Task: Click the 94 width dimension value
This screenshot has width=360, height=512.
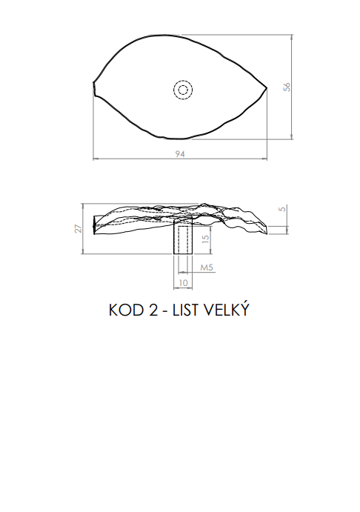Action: coord(180,154)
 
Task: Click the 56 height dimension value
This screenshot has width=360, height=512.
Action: coord(287,87)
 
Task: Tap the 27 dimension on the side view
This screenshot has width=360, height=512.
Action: coord(79,228)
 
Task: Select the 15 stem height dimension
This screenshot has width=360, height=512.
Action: coord(205,239)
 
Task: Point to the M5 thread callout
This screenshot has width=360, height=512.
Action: coord(207,267)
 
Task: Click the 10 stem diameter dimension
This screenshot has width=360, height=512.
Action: coord(184,283)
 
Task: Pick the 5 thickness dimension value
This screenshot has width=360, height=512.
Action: coord(283,208)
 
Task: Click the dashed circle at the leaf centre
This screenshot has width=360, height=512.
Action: coord(183,90)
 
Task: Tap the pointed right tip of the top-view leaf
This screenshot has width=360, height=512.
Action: coord(267,88)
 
